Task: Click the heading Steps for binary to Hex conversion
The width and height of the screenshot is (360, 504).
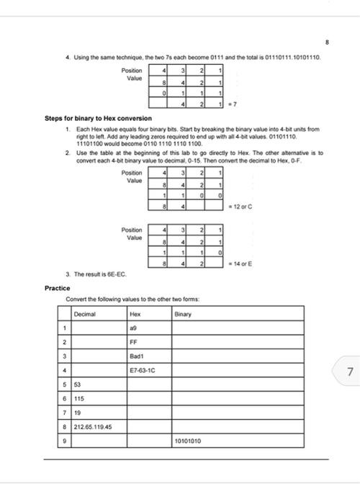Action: click(99, 118)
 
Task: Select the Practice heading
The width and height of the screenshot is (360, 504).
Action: click(57, 288)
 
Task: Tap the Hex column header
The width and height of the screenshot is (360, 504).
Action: click(135, 314)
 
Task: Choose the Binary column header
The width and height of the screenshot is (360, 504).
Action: click(184, 314)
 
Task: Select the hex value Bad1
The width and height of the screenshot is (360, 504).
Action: click(137, 357)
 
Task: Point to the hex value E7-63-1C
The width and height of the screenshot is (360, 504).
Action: click(142, 372)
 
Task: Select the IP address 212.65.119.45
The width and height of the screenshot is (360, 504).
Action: click(91, 427)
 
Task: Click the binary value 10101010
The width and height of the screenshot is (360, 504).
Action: click(188, 441)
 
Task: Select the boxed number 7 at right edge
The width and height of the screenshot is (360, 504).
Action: click(349, 372)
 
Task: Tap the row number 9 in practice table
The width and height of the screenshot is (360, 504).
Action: click(64, 441)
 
